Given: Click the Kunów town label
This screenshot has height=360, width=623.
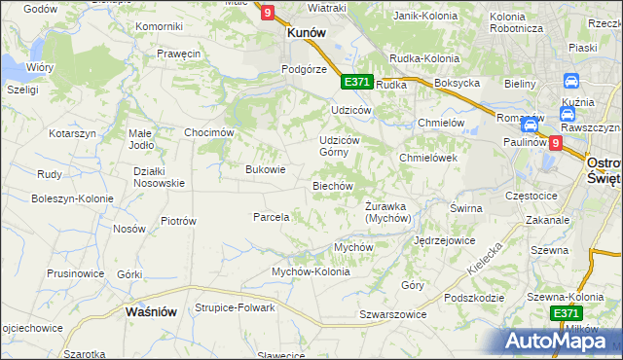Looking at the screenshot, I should [305, 32].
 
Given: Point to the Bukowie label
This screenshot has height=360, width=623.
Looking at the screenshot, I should [265, 169].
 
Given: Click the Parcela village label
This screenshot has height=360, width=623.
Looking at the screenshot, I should [271, 217].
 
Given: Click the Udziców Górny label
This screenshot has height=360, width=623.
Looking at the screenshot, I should [341, 146].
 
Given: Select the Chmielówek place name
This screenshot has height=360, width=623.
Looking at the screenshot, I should [428, 158].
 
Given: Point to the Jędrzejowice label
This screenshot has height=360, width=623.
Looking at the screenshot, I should [444, 239].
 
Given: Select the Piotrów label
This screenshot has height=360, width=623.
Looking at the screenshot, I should [178, 221].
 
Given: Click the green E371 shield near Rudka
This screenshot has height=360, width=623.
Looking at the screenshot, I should [356, 83].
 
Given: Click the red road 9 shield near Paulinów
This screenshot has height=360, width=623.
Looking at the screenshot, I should [555, 143].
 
